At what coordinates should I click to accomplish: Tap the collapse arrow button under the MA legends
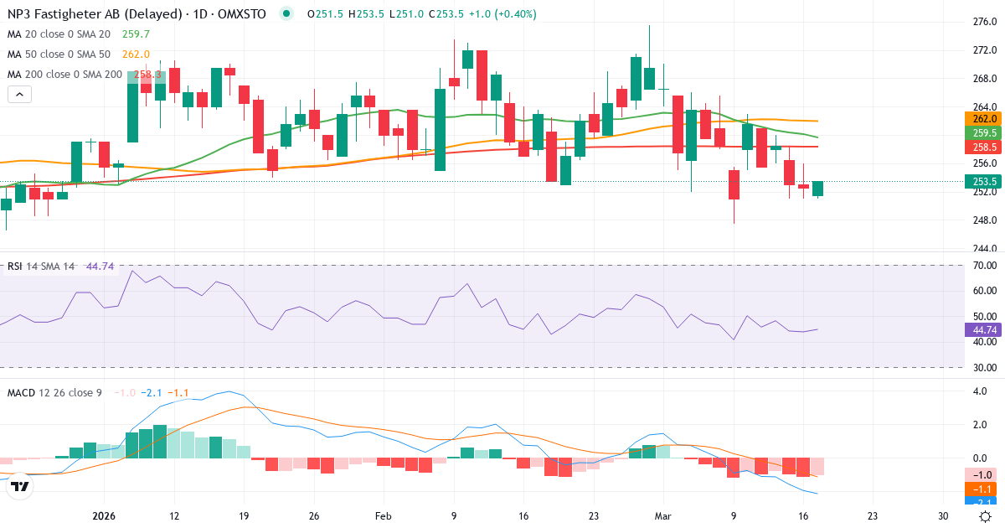(19, 95)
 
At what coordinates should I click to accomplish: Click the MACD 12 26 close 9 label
(54, 392)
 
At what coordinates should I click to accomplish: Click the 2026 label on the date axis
(104, 515)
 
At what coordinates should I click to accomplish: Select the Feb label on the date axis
(383, 515)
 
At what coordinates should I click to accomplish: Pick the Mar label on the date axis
(662, 515)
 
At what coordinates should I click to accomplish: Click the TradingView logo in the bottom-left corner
(19, 486)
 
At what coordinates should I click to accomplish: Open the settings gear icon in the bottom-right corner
(986, 515)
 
